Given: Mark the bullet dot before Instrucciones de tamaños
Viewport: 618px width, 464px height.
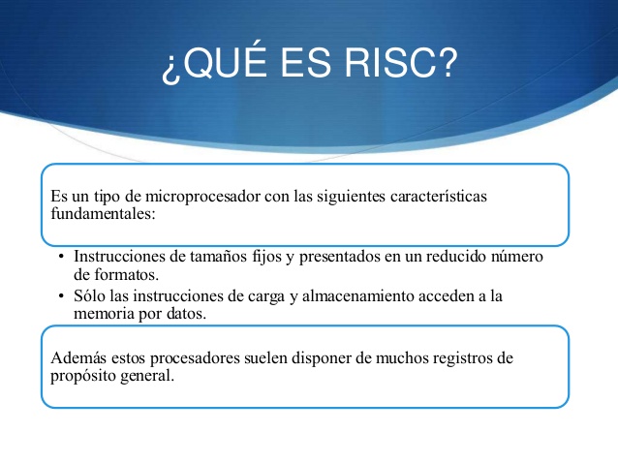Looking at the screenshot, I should pos(60,257).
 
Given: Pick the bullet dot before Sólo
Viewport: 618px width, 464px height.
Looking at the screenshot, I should pos(60,296).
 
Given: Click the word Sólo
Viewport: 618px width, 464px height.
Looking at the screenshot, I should pos(89,296).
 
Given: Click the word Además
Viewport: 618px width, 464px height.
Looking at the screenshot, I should pos(75,358).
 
